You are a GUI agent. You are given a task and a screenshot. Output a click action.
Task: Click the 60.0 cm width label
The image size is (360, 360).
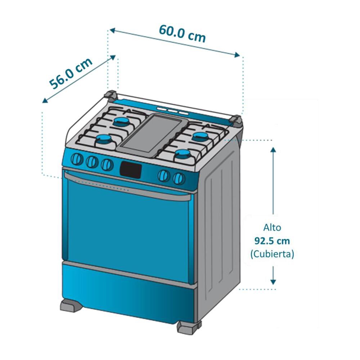(x=182, y=33)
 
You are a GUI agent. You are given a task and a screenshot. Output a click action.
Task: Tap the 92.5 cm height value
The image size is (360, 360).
(x=272, y=241)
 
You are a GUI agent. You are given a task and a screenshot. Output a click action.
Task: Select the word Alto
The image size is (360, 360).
(x=272, y=228)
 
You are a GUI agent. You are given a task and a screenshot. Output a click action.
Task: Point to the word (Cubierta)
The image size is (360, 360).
(x=272, y=254)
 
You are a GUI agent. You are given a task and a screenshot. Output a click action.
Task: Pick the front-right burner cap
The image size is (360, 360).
(x=183, y=155)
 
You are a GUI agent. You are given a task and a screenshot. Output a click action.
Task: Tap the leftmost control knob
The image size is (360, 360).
(x=77, y=159)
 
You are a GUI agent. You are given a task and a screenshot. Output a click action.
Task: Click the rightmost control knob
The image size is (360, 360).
(x=179, y=178)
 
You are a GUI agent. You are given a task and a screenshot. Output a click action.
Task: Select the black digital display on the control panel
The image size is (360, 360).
(x=130, y=169)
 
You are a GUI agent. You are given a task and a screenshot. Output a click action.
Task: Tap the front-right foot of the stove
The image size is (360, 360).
(x=187, y=327)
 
